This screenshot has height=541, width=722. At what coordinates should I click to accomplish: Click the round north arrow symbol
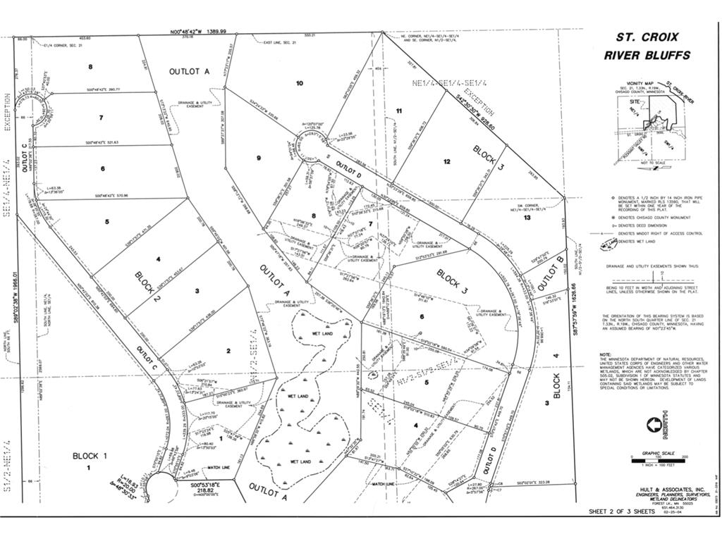click(x=654, y=425)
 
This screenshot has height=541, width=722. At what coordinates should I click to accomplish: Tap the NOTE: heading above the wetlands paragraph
click(x=606, y=354)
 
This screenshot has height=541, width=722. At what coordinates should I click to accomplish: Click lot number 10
click(x=299, y=83)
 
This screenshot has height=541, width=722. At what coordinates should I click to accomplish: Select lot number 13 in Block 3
click(x=527, y=218)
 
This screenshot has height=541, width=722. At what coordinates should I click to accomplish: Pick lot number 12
click(x=447, y=161)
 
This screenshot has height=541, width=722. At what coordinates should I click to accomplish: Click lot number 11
click(x=399, y=111)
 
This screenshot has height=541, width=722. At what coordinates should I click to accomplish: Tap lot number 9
click(x=259, y=158)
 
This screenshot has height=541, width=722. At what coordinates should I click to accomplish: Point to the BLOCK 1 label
click(x=90, y=456)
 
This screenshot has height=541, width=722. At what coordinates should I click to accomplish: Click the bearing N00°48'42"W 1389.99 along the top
click(x=198, y=32)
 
